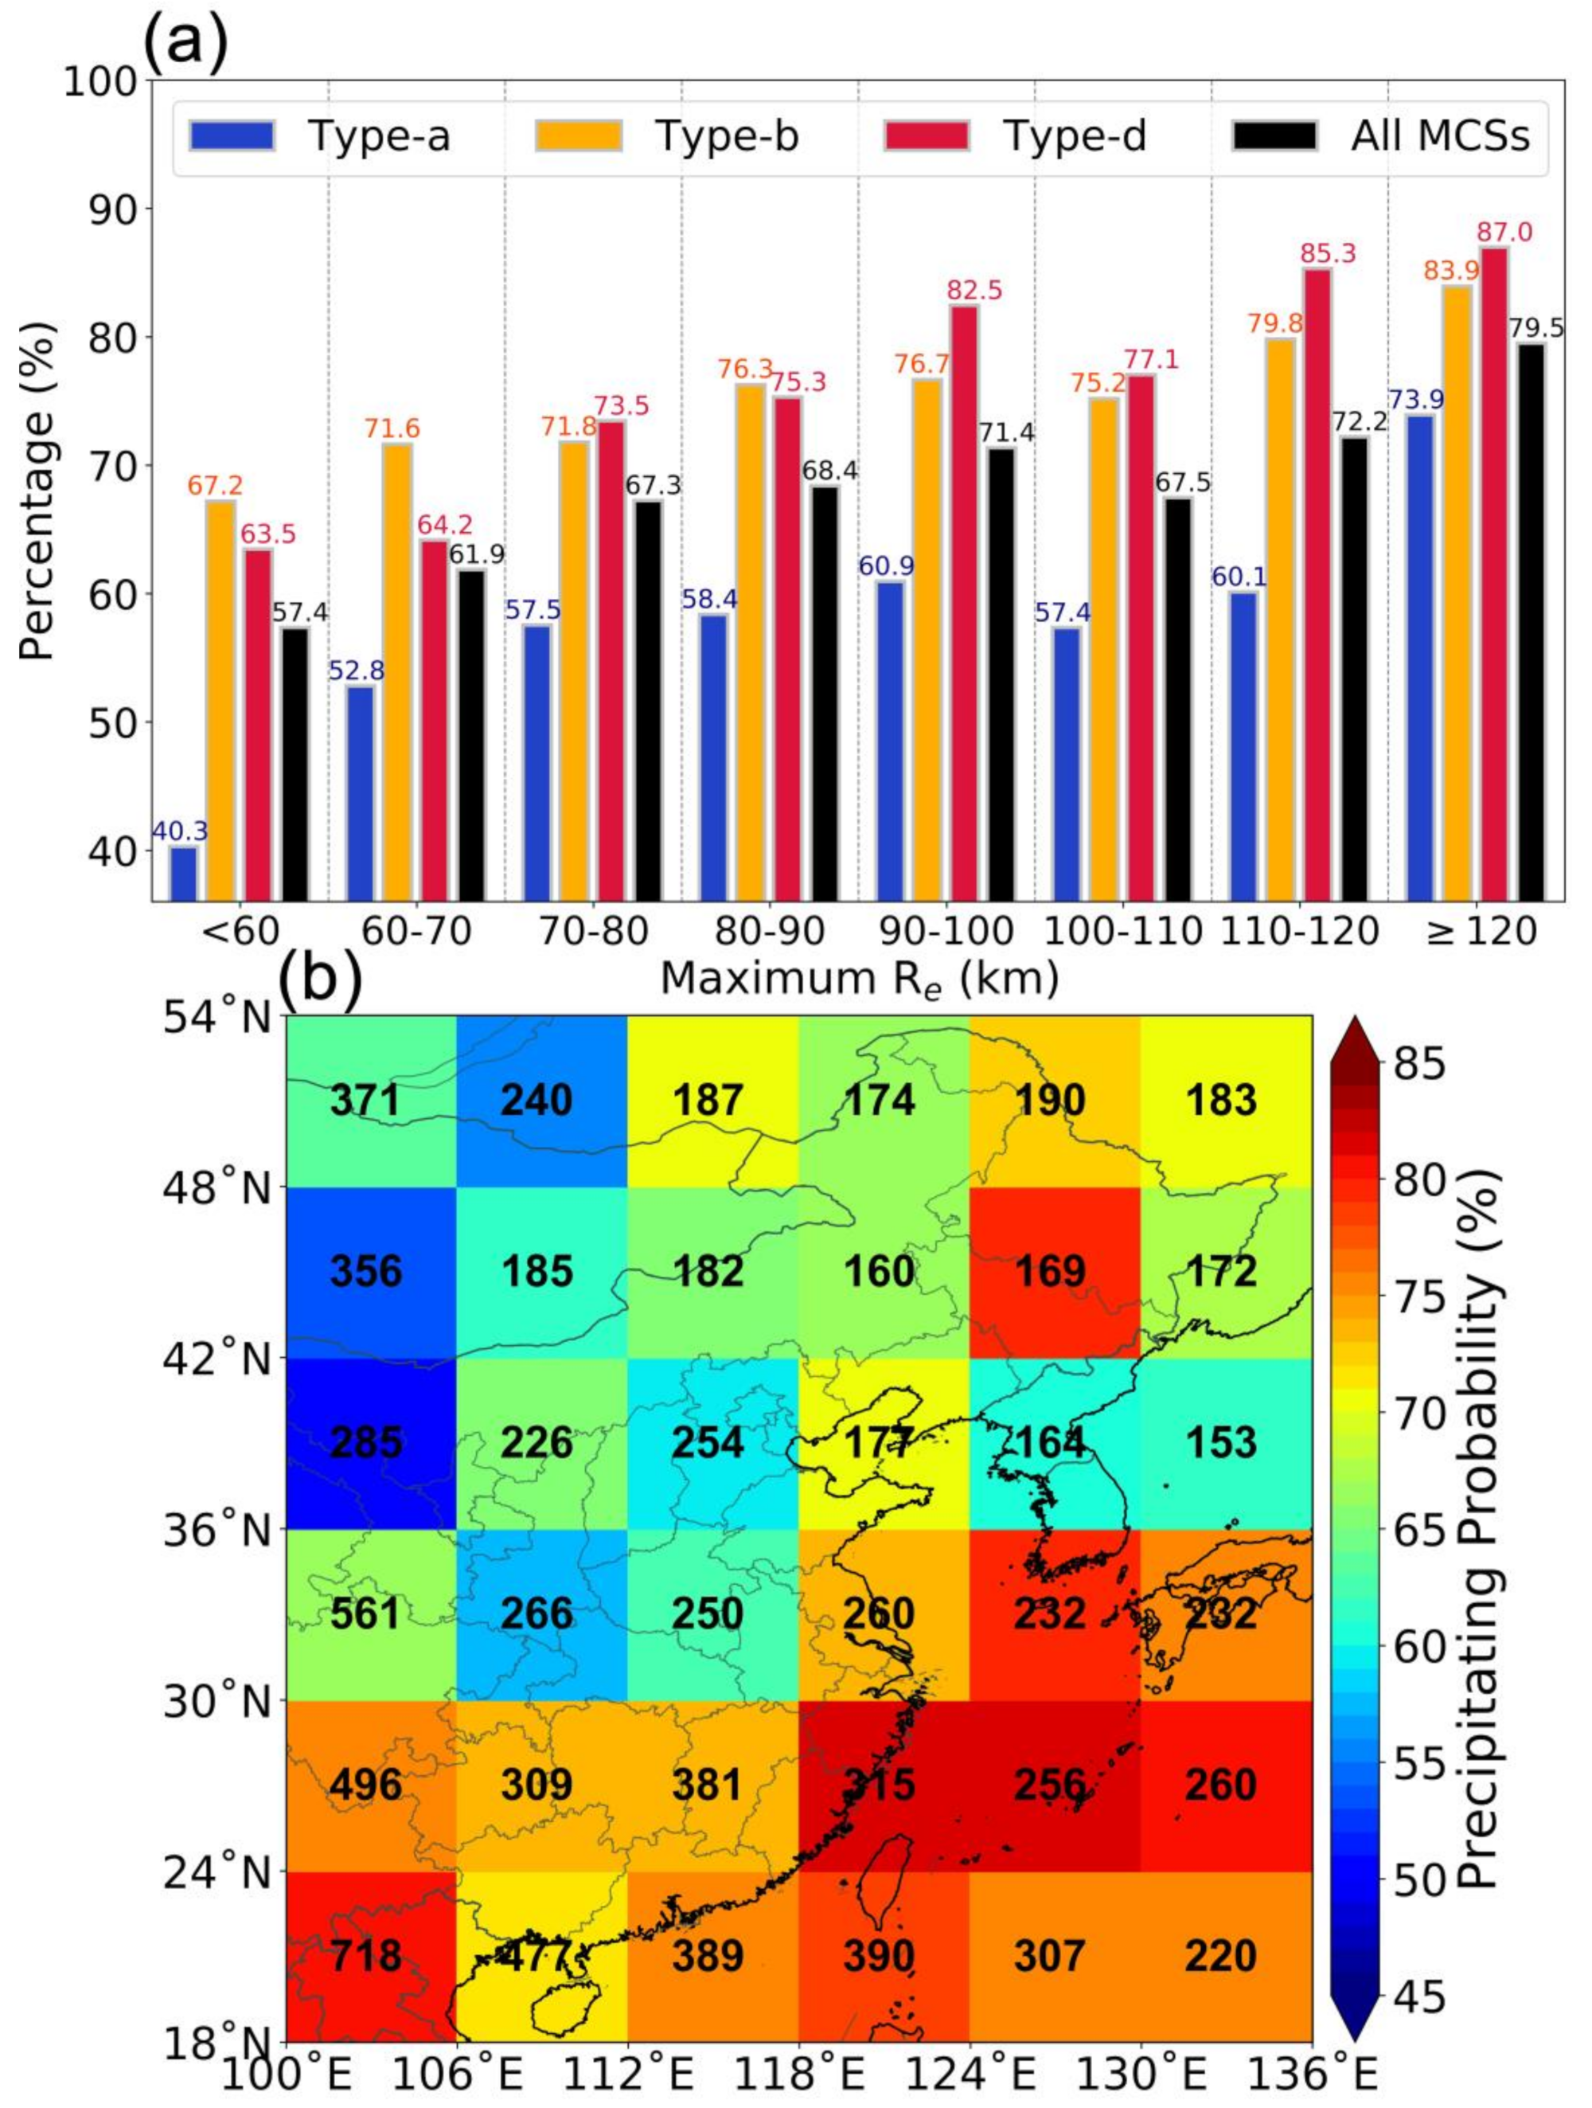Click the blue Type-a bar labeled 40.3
click(x=184, y=873)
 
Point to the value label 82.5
click(x=974, y=290)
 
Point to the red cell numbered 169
click(x=1050, y=1271)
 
